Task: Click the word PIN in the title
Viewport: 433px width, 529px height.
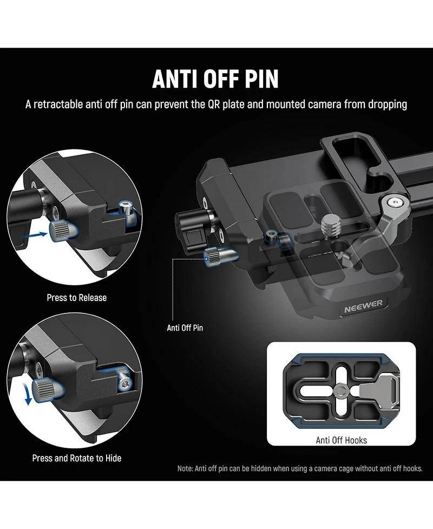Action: [x=259, y=79]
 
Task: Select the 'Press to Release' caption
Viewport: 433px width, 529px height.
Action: [x=76, y=297]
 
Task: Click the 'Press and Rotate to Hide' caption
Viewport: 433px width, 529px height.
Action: [x=76, y=458]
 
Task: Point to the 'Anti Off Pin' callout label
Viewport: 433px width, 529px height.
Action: [x=185, y=328]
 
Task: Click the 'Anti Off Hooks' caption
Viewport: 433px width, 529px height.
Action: [x=341, y=440]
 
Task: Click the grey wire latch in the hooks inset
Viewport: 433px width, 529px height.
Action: [x=371, y=388]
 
